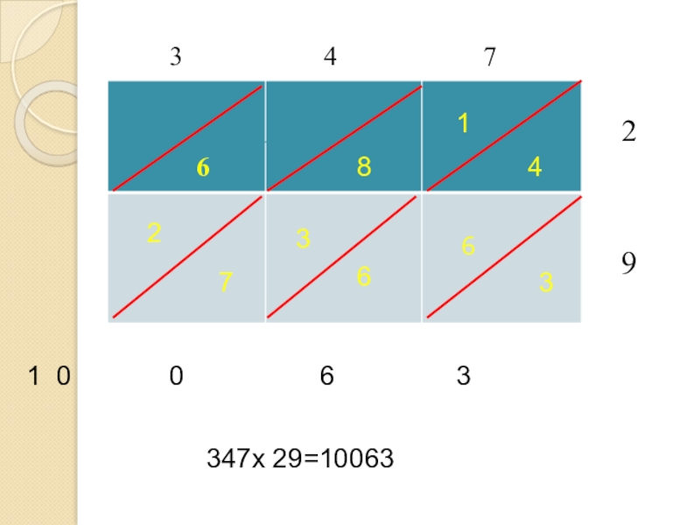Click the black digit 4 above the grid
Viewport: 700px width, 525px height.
coord(330,58)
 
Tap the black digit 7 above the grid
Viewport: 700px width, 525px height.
coord(489,58)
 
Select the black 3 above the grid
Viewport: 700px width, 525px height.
coord(176,58)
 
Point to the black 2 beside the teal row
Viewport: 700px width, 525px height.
coord(628,132)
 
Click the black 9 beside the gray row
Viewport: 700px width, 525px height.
coord(628,263)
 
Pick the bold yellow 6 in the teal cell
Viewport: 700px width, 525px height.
coord(203,168)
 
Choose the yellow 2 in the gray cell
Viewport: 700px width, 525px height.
coord(154,234)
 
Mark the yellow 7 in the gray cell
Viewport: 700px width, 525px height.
coord(226,282)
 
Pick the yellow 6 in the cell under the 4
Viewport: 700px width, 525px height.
coord(468,248)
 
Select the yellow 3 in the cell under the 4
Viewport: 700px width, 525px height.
coord(546,282)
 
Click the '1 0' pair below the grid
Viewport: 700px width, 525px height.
coord(49,377)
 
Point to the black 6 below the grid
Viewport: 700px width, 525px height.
coord(326,377)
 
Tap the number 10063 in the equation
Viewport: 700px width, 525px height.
coord(358,458)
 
